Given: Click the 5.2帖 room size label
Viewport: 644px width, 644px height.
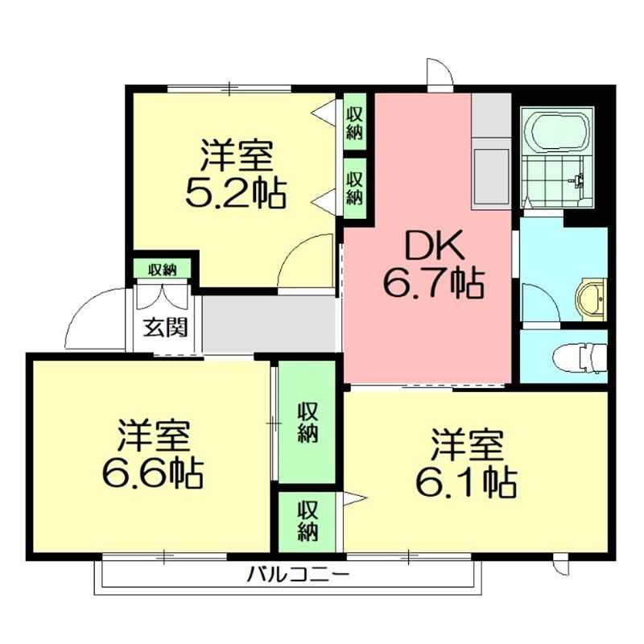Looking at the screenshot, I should [x=236, y=193].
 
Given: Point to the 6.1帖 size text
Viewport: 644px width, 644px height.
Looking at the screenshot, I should [x=465, y=481].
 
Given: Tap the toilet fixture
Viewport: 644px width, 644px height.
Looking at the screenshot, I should [x=581, y=356].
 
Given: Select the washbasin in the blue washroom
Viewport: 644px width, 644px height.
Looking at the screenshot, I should [x=592, y=299].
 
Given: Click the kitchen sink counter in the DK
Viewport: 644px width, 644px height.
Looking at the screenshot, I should [x=491, y=172].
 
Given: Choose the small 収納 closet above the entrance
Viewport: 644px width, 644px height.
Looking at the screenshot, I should [x=162, y=269].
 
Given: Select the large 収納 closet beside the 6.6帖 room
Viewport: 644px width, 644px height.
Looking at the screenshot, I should [x=307, y=423].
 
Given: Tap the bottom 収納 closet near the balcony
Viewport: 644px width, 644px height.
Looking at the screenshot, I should [x=307, y=521].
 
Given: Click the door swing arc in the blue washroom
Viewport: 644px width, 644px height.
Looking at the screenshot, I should [x=538, y=302].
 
